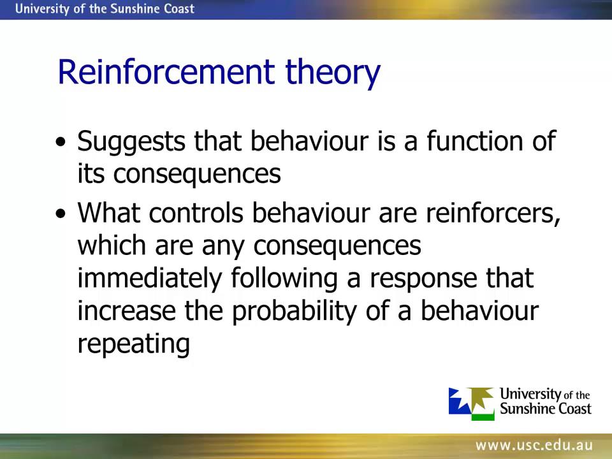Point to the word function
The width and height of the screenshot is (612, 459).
(471, 140)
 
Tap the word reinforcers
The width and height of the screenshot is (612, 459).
(493, 214)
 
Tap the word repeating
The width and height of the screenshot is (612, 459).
(134, 344)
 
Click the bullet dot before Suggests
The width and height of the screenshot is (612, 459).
(61, 142)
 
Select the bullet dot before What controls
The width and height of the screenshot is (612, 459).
(61, 214)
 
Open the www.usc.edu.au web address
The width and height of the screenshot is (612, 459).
(534, 446)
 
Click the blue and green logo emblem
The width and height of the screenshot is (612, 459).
(471, 404)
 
